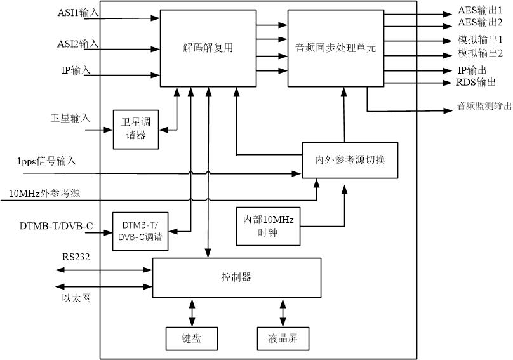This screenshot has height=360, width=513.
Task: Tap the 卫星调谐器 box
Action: pos(136,130)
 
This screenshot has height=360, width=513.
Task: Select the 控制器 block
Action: pos(237,277)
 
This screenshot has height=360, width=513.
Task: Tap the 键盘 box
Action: pos(192,338)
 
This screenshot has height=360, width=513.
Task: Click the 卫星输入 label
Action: pos(70,118)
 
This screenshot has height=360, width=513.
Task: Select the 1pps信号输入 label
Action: pos(47,161)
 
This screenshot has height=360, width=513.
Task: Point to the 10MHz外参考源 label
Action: pos(44,193)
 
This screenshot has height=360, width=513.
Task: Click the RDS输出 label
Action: pos(477,82)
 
